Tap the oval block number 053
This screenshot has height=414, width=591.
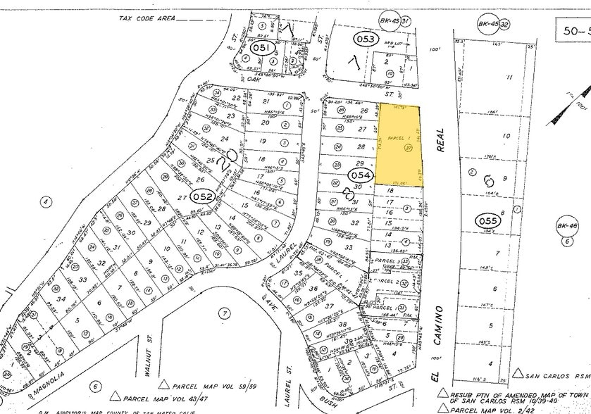pos(366,39)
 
